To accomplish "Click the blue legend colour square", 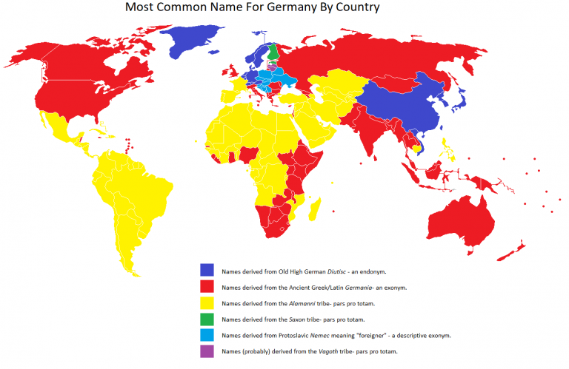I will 207,270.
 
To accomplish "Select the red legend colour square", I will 207,286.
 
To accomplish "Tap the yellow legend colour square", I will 207,302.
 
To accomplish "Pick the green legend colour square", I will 207,319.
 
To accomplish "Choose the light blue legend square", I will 207,335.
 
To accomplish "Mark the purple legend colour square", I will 207,351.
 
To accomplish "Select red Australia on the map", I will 464,222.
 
